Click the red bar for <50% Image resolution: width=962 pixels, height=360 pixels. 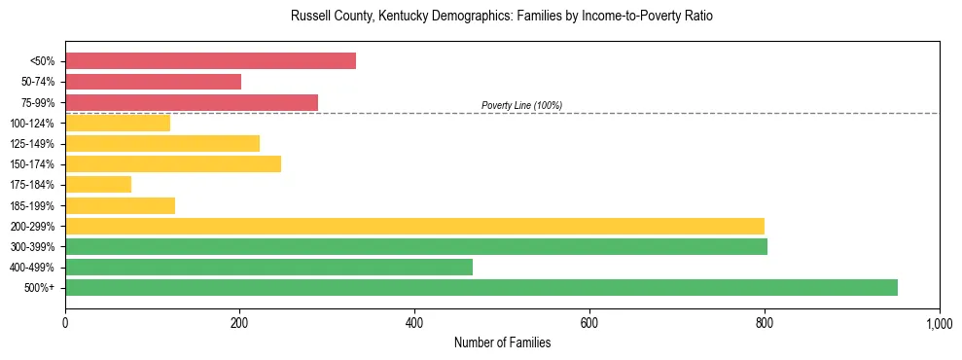pyautogui.click(x=210, y=61)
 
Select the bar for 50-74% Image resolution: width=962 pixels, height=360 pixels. pyautogui.click(x=153, y=82)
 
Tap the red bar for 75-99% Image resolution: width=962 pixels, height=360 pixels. pyautogui.click(x=192, y=102)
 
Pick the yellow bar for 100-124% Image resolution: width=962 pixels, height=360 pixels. pyautogui.click(x=118, y=123)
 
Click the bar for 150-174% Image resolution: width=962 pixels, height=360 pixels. pyautogui.click(x=173, y=163)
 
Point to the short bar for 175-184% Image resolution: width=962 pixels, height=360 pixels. pyautogui.click(x=98, y=184)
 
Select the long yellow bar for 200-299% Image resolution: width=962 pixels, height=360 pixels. pyautogui.click(x=414, y=226)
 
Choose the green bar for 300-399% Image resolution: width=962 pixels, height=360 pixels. pyautogui.click(x=416, y=246)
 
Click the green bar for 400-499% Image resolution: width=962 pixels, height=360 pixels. pyautogui.click(x=268, y=267)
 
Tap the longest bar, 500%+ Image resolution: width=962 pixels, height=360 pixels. pyautogui.click(x=481, y=287)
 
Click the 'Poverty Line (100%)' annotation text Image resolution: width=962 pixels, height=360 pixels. pyautogui.click(x=521, y=105)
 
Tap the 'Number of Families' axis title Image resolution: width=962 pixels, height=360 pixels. pyautogui.click(x=502, y=342)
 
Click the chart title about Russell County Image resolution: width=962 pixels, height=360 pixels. pyautogui.click(x=502, y=17)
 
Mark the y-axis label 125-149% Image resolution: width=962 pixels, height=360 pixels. pyautogui.click(x=32, y=144)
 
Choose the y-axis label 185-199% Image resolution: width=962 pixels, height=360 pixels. pyautogui.click(x=32, y=205)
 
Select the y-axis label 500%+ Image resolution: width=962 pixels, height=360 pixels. pyautogui.click(x=39, y=288)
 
